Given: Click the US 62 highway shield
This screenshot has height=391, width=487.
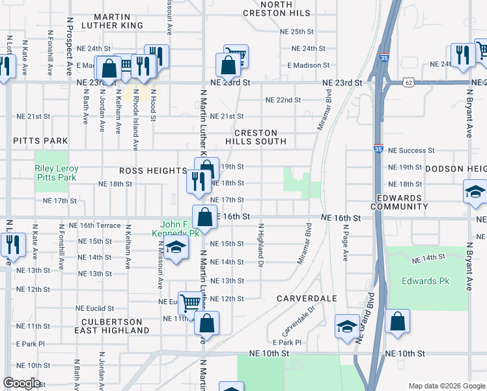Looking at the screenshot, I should point(408,83).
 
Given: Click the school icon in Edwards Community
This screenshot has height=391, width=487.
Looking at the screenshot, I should point(475,193).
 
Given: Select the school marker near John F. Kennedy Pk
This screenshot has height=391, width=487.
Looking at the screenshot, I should point(175,248).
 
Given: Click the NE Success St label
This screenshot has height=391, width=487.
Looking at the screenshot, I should point(411,150).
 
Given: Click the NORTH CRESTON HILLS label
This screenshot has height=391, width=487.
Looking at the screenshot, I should point(277,8).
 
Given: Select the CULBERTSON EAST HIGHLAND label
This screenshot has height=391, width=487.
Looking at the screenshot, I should point(112,326).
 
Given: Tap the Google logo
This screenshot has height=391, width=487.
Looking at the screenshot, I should point(21,383).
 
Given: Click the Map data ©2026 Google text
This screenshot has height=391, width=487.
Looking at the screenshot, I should point(447,386).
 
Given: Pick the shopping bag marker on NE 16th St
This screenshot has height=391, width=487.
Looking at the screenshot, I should point(205,217).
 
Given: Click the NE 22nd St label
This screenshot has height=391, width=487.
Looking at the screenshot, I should point(283,100).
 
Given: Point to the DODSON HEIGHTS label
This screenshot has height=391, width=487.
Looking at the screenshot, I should point(456,168).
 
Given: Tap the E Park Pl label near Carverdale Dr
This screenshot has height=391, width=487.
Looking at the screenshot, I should point(287,342).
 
